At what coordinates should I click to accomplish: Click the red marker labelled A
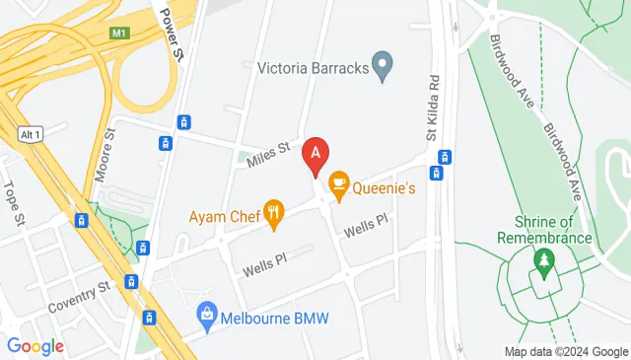click(315, 154)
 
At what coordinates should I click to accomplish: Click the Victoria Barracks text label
click(312, 69)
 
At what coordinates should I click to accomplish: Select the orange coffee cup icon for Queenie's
click(339, 182)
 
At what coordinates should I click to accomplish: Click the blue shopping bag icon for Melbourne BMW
click(206, 316)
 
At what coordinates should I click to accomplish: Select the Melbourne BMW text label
click(274, 318)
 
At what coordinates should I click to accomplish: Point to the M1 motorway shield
click(120, 34)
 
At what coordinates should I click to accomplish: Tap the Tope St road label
click(13, 203)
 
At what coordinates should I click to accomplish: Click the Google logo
click(35, 346)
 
